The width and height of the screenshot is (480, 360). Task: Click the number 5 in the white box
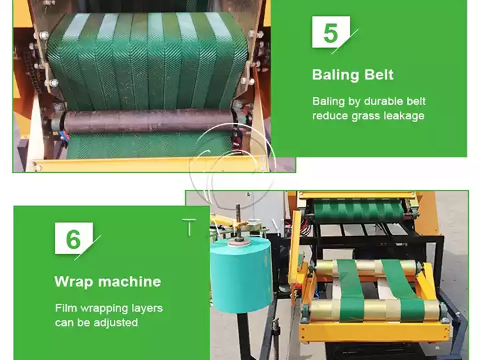(x=330, y=32)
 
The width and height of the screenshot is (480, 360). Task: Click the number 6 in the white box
(x=73, y=239)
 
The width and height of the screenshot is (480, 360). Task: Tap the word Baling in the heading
(x=335, y=75)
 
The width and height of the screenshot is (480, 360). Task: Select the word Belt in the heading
(x=378, y=75)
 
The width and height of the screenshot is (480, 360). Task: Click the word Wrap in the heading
(x=73, y=281)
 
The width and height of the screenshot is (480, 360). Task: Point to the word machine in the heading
(x=129, y=281)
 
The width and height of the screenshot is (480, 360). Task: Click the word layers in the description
(x=146, y=308)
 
